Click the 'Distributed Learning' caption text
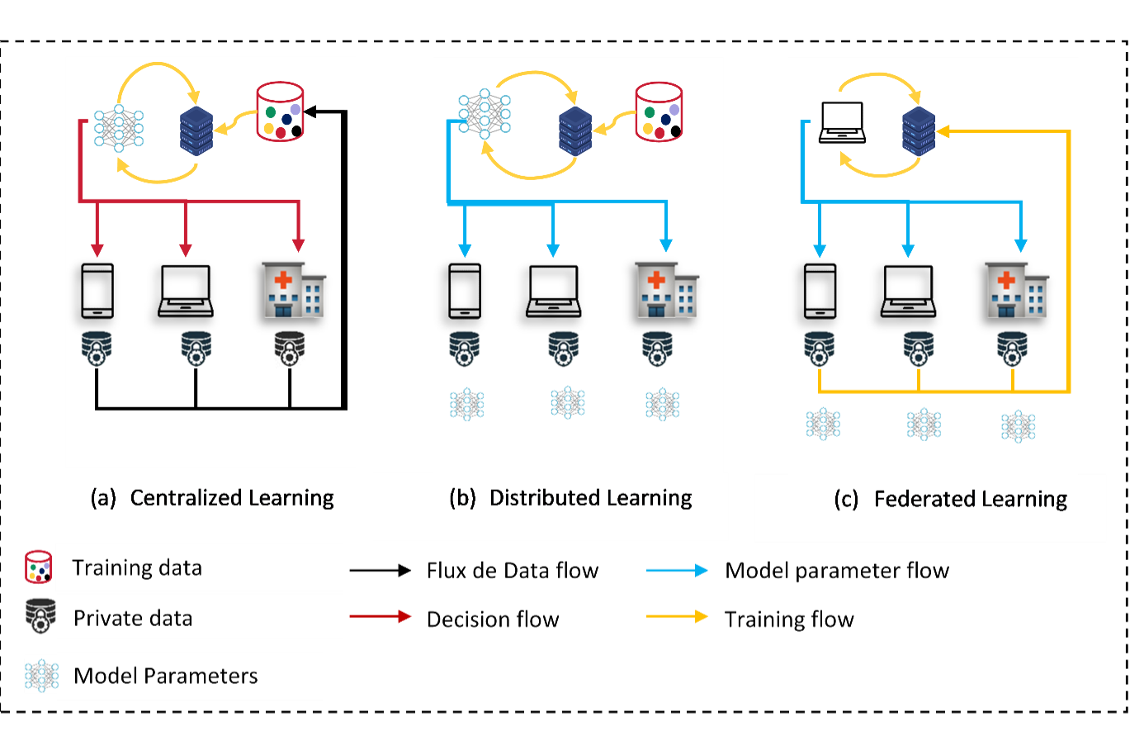[590, 498]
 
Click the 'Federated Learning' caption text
[970, 500]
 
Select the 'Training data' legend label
[137, 568]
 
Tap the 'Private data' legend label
[133, 619]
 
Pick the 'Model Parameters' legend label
[166, 677]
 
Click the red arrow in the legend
[381, 616]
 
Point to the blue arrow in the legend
[677, 570]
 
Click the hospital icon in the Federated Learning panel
[1016, 290]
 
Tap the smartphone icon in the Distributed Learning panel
[465, 291]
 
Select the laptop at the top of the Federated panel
[842, 123]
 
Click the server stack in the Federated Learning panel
[919, 131]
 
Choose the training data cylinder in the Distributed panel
[659, 112]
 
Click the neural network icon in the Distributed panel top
[485, 113]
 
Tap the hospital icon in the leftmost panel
[293, 290]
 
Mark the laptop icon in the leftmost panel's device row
[186, 292]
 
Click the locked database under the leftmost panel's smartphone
[97, 347]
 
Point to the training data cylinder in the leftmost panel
[281, 112]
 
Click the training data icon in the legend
[38, 567]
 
